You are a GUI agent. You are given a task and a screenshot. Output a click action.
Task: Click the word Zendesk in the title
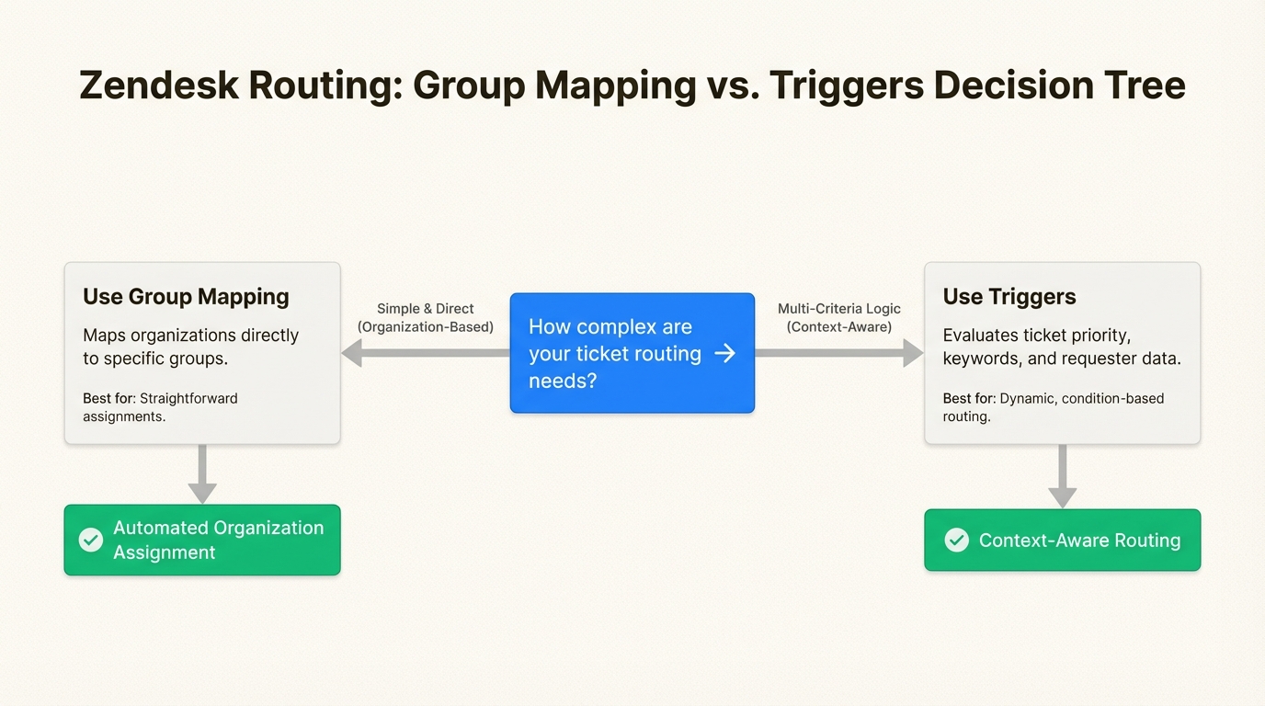(159, 85)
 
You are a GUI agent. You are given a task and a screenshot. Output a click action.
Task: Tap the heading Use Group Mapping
(186, 297)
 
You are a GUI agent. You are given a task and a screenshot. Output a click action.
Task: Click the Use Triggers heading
(1009, 297)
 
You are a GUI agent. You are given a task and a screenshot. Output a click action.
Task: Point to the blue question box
(632, 353)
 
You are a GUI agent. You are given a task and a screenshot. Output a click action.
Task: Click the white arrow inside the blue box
(725, 354)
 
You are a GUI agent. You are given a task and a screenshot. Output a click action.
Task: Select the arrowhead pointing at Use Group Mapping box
(352, 353)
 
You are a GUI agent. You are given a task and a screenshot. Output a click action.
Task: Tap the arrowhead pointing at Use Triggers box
(913, 353)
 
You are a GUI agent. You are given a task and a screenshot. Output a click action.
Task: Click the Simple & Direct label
(426, 309)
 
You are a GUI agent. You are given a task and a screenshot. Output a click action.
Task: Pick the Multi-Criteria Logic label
(839, 309)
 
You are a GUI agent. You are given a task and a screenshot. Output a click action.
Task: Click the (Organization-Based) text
(426, 327)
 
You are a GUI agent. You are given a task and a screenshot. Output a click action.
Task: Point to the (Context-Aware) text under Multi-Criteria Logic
(839, 327)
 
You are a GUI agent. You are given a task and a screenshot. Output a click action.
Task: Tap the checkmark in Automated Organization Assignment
(91, 540)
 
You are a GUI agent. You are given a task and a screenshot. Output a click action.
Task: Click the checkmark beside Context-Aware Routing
(957, 540)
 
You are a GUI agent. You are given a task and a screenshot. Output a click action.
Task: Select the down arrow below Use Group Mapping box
(202, 473)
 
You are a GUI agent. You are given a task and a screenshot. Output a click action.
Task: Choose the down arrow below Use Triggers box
(1062, 476)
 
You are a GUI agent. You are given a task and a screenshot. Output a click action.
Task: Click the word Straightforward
(188, 399)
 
